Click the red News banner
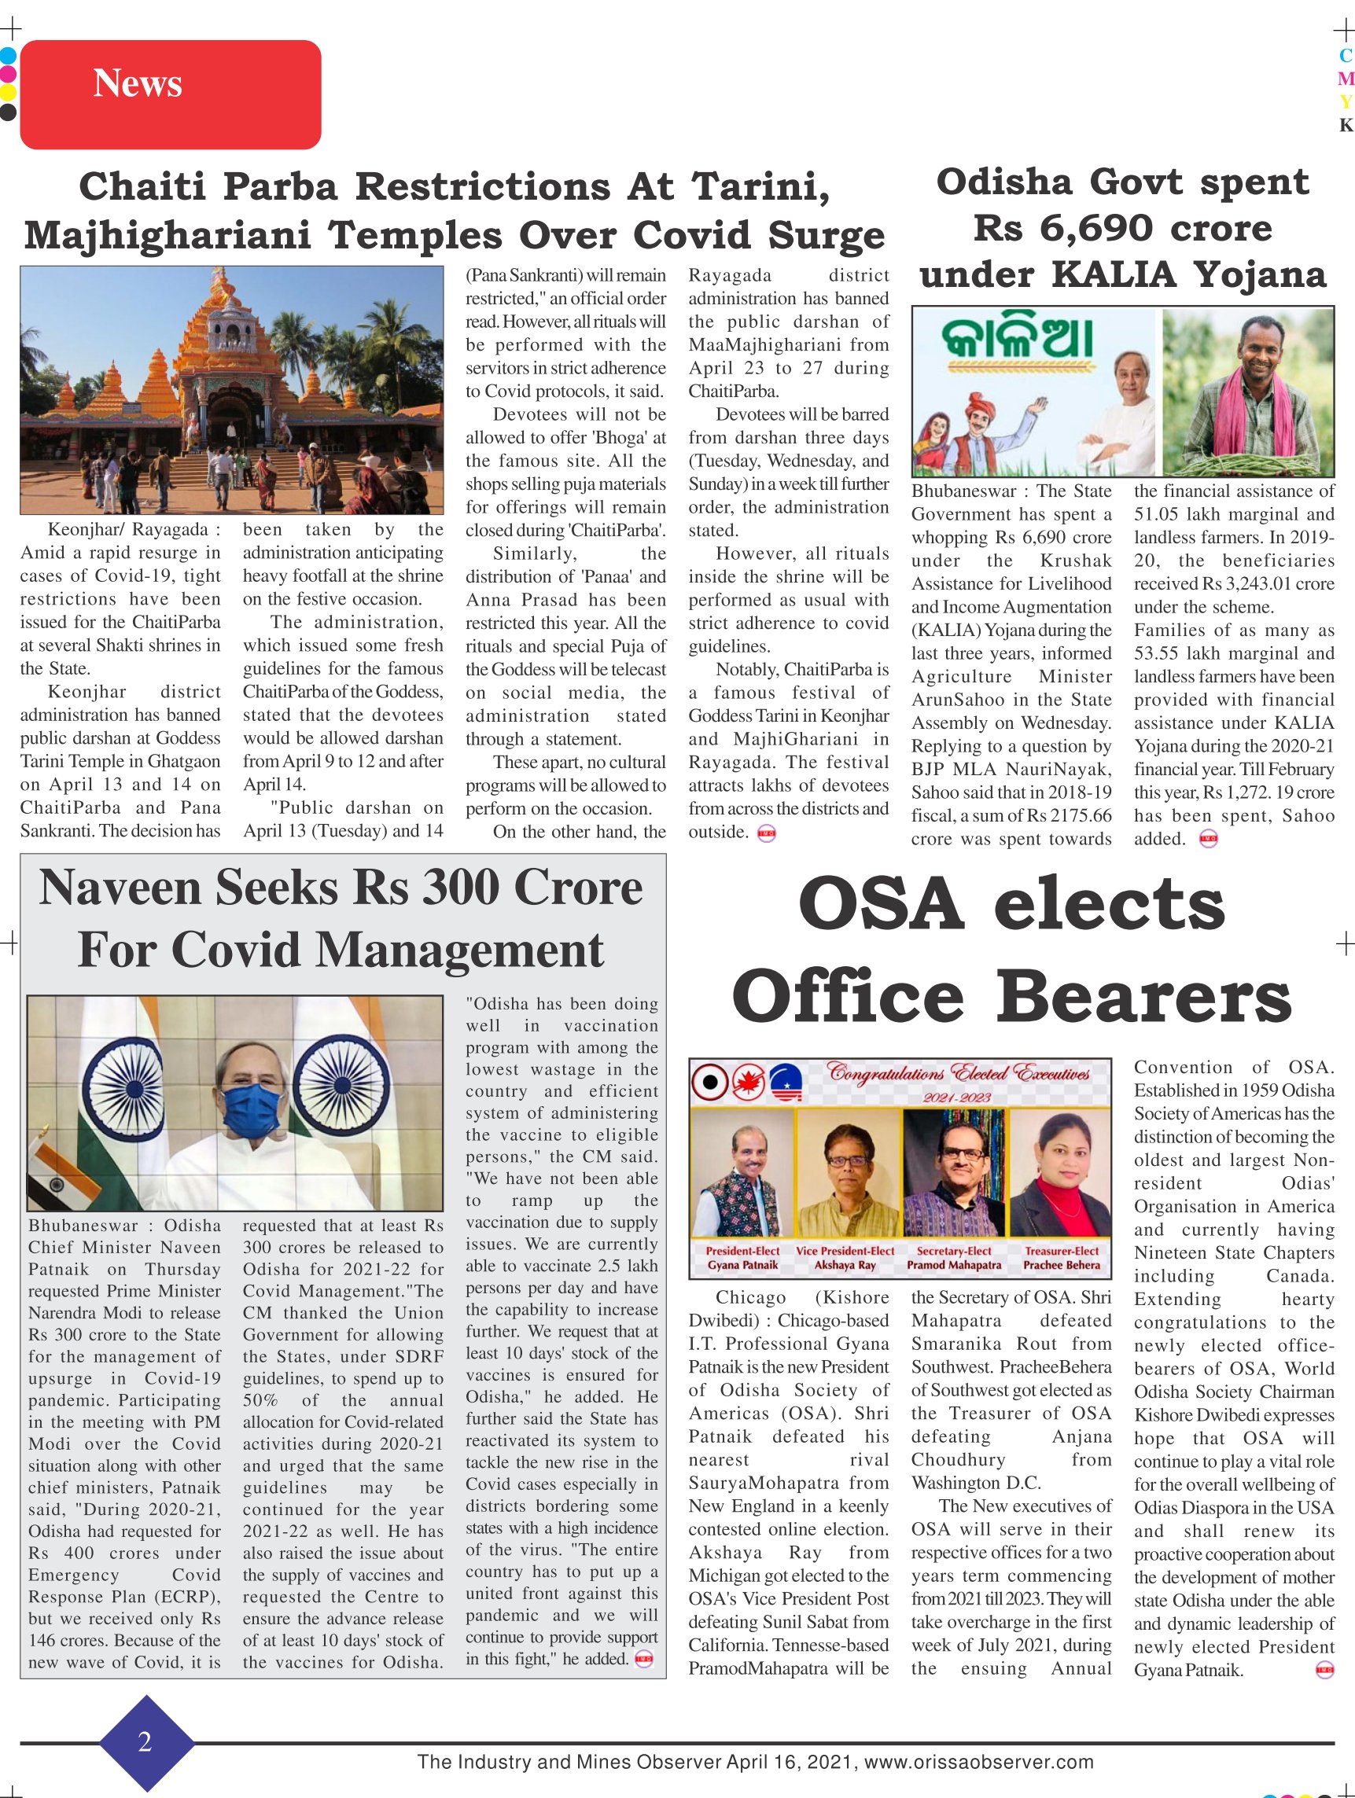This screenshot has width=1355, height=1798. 170,94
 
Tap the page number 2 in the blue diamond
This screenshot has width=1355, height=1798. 145,1742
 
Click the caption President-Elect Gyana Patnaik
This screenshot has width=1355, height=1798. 742,1258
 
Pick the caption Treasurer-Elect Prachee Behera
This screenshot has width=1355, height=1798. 1061,1258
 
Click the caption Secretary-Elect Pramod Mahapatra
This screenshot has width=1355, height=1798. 954,1258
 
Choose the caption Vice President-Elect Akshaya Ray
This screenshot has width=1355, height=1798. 845,1258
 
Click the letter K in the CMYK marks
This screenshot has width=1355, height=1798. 1346,125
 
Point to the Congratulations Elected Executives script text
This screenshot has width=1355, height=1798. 959,1073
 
